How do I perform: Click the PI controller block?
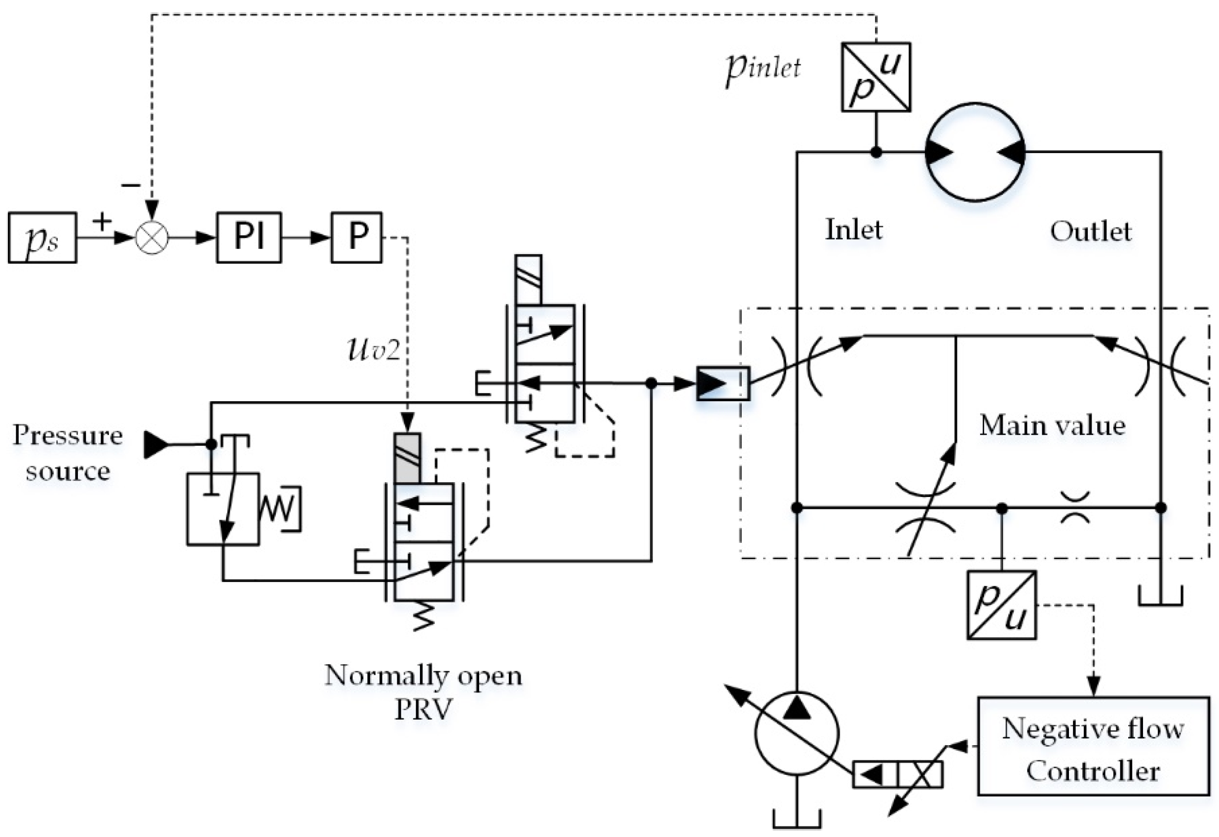pyautogui.click(x=249, y=237)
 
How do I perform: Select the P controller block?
pyautogui.click(x=356, y=237)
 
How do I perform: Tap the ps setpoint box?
pyautogui.click(x=42, y=237)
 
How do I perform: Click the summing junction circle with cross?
pyautogui.click(x=152, y=237)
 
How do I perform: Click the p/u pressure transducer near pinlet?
pyautogui.click(x=876, y=77)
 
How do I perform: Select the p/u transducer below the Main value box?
pyautogui.click(x=1001, y=605)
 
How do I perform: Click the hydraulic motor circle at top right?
pyautogui.click(x=975, y=152)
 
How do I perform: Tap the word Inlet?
pyautogui.click(x=853, y=229)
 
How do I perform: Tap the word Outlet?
pyautogui.click(x=1091, y=231)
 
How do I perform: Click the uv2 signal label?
pyautogui.click(x=374, y=349)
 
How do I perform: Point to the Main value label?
pyautogui.click(x=1052, y=425)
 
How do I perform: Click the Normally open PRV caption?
pyautogui.click(x=423, y=692)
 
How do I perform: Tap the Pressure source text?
pyautogui.click(x=68, y=452)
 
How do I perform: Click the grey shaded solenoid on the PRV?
pyautogui.click(x=407, y=458)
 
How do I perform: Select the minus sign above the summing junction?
pyautogui.click(x=131, y=185)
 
